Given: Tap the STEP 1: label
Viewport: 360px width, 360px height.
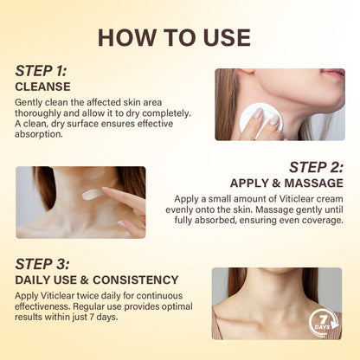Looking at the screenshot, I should pyautogui.click(x=42, y=71).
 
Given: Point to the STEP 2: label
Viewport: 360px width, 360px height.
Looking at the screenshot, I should pyautogui.click(x=316, y=167).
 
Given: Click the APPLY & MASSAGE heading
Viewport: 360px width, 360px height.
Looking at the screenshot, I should pyautogui.click(x=286, y=183).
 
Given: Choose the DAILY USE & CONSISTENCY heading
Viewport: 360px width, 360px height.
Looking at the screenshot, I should pyautogui.click(x=98, y=280).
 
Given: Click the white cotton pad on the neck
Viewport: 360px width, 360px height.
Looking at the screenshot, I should pyautogui.click(x=254, y=120).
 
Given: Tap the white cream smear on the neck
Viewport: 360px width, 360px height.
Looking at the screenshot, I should pyautogui.click(x=92, y=195).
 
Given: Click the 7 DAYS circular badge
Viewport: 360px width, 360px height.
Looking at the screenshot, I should pyautogui.click(x=323, y=323).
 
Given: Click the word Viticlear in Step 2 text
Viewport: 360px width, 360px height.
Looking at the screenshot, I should pyautogui.click(x=266, y=198).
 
